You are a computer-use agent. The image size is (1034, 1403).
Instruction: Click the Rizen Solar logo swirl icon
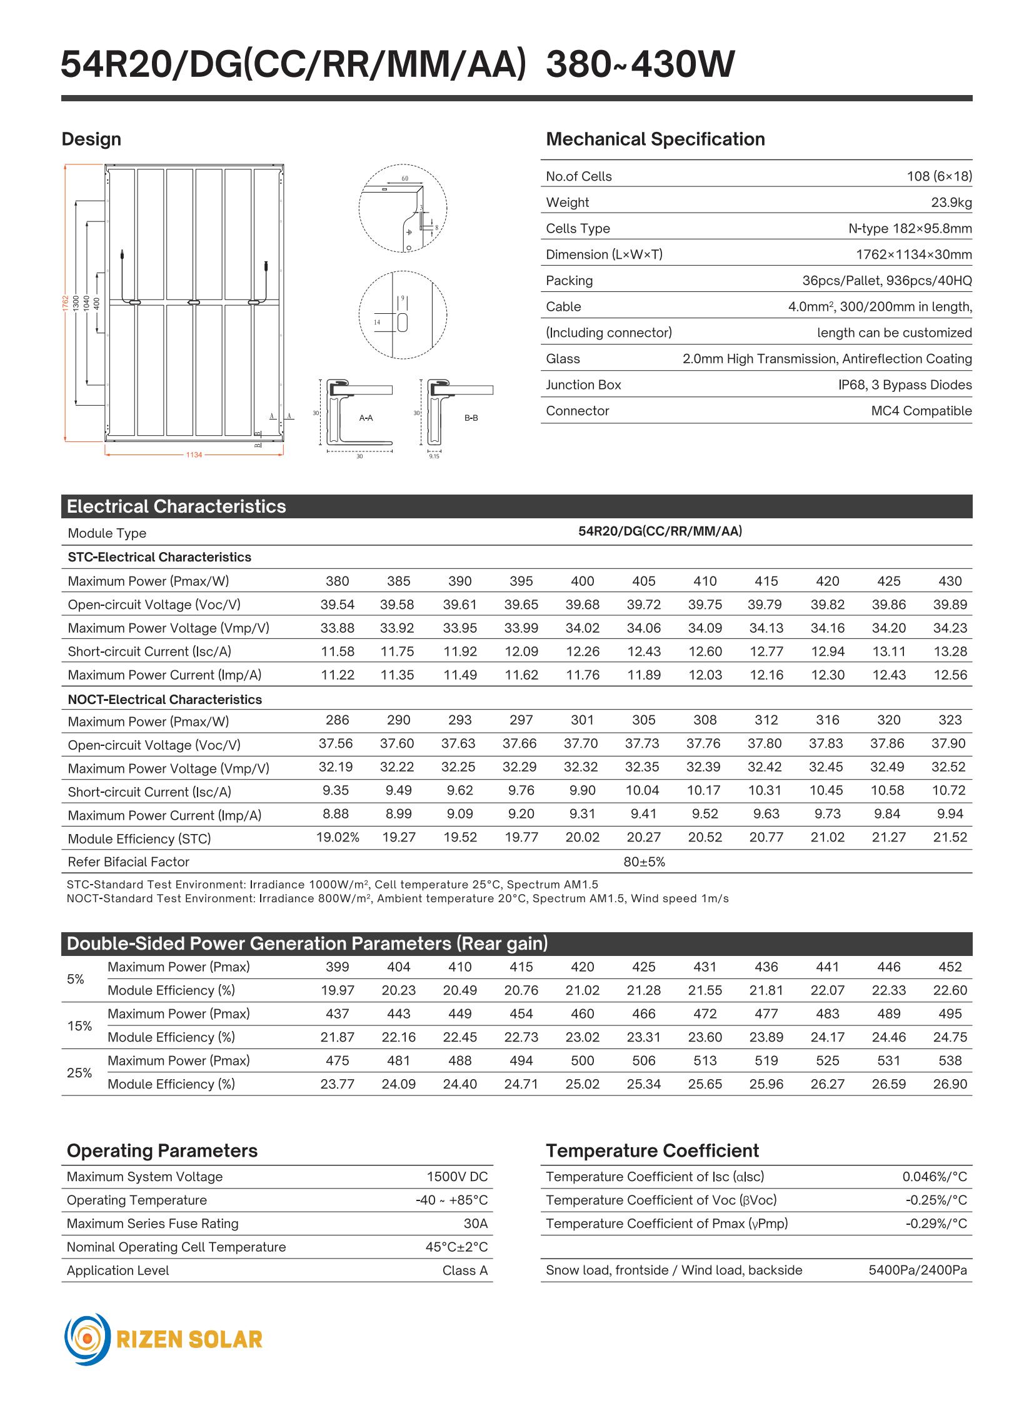click(x=88, y=1339)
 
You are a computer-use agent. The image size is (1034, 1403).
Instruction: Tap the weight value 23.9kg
click(x=951, y=202)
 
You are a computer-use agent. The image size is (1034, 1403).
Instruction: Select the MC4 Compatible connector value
click(x=921, y=411)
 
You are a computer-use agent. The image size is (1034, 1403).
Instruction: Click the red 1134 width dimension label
click(x=194, y=455)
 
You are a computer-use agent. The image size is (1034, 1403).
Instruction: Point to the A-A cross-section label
click(x=366, y=418)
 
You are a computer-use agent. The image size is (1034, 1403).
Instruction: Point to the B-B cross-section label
click(x=471, y=418)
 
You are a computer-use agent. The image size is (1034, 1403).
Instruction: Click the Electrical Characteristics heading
click(x=176, y=506)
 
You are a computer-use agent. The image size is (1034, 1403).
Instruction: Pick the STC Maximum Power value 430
click(x=950, y=581)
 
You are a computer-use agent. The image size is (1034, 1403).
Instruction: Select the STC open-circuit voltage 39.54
click(x=338, y=605)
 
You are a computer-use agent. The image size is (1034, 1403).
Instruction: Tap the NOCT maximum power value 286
click(x=338, y=720)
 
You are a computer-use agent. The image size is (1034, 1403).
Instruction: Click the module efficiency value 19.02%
click(x=338, y=838)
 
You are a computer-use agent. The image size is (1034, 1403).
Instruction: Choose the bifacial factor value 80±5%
click(x=644, y=862)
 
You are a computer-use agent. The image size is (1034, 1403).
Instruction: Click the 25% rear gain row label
click(x=79, y=1072)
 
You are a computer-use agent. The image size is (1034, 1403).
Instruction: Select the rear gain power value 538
click(x=950, y=1060)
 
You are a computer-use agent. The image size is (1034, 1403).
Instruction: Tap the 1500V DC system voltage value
click(x=457, y=1177)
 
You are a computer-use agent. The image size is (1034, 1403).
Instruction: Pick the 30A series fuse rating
click(x=475, y=1224)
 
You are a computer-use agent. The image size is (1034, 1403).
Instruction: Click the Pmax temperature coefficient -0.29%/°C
click(x=936, y=1224)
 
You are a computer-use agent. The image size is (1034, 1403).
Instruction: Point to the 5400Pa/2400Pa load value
click(x=917, y=1270)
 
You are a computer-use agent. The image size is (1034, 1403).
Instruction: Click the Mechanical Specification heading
click(x=655, y=139)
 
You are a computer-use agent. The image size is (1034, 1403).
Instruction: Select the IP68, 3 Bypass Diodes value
click(x=905, y=385)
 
